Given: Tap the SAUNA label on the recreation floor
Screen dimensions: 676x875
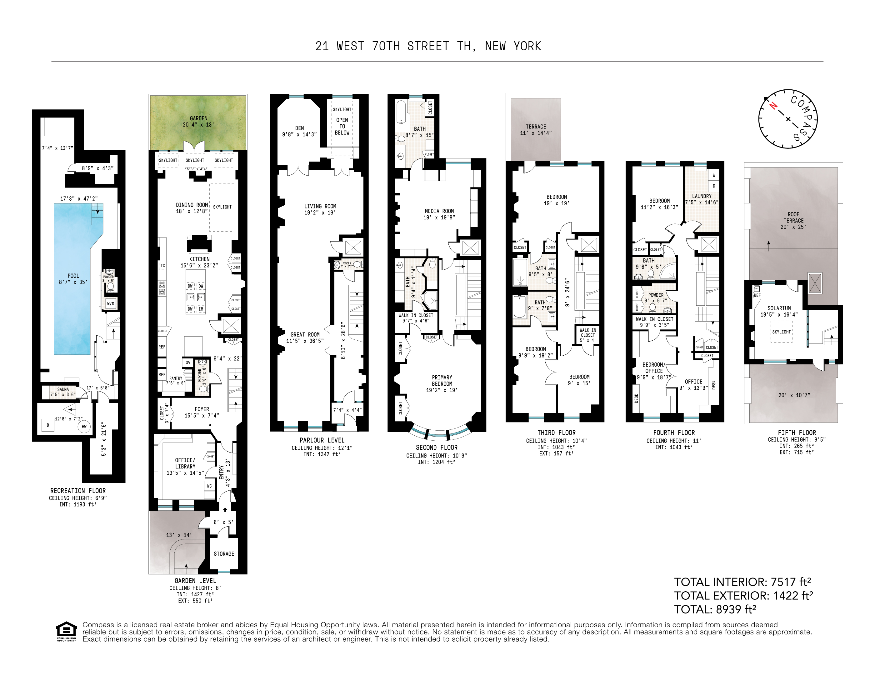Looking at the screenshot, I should pos(63,389).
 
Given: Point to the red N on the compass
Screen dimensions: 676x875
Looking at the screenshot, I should pos(773,106).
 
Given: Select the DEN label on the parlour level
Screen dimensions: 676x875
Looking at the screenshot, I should pos(299,128).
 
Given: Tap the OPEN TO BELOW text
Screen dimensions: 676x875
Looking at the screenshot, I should pos(342,126).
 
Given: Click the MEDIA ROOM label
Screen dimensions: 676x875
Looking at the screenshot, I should pos(439,211).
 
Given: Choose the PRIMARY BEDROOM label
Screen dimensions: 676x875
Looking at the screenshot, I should pos(442,380).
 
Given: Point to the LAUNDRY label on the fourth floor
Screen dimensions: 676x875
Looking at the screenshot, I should pos(702,196).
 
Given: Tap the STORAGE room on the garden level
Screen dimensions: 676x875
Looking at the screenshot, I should pos(223,554).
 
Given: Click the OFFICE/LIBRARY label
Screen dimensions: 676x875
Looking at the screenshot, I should pos(185,463).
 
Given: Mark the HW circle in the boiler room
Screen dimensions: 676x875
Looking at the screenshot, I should pos(84,427).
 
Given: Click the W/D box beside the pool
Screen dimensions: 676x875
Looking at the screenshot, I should pos(111,304).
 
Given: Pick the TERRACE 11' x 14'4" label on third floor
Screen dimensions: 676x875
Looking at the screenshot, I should pos(536,129).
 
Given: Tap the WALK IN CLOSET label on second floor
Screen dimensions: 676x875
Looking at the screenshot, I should pos(415,315).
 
